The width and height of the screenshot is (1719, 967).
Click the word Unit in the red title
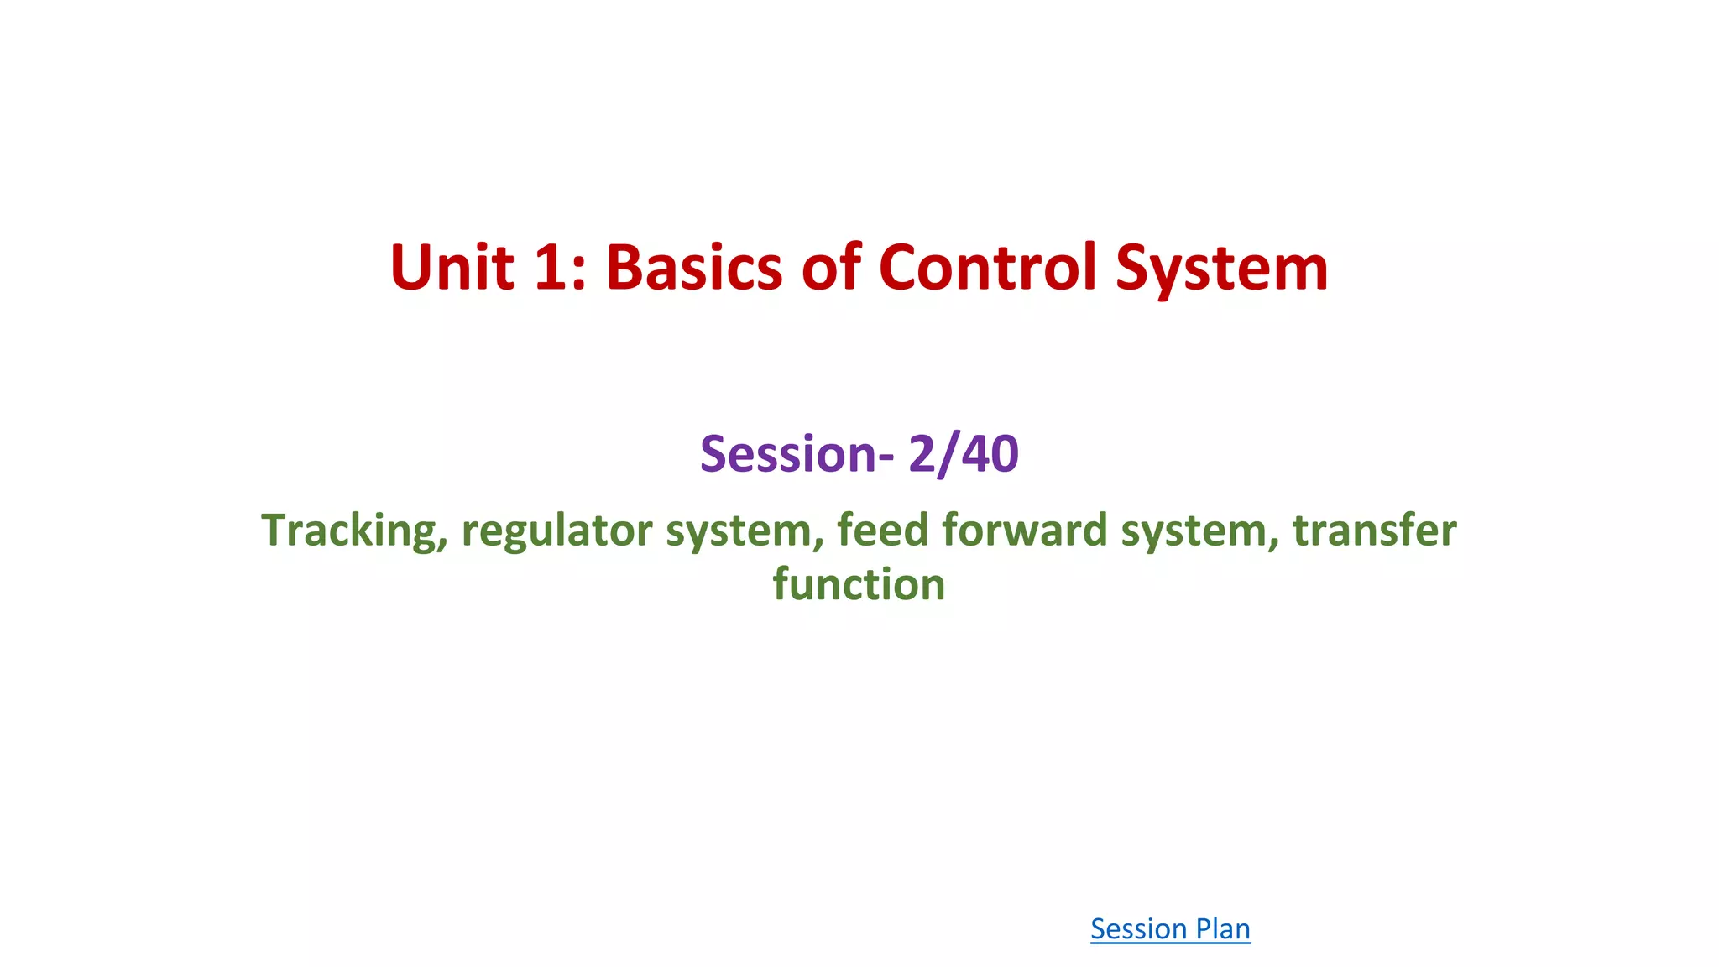point(452,268)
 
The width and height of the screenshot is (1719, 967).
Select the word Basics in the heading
point(694,268)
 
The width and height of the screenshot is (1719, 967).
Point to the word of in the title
point(831,268)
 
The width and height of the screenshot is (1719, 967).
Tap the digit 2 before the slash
point(922,454)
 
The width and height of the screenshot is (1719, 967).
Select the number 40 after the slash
point(990,454)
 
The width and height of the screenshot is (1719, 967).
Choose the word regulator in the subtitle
point(557,531)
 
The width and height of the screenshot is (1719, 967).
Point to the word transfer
point(1374,530)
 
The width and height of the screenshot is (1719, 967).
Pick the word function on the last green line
point(859,584)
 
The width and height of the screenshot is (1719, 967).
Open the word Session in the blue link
point(1139,928)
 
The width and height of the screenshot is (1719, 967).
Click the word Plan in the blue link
point(1223,928)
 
